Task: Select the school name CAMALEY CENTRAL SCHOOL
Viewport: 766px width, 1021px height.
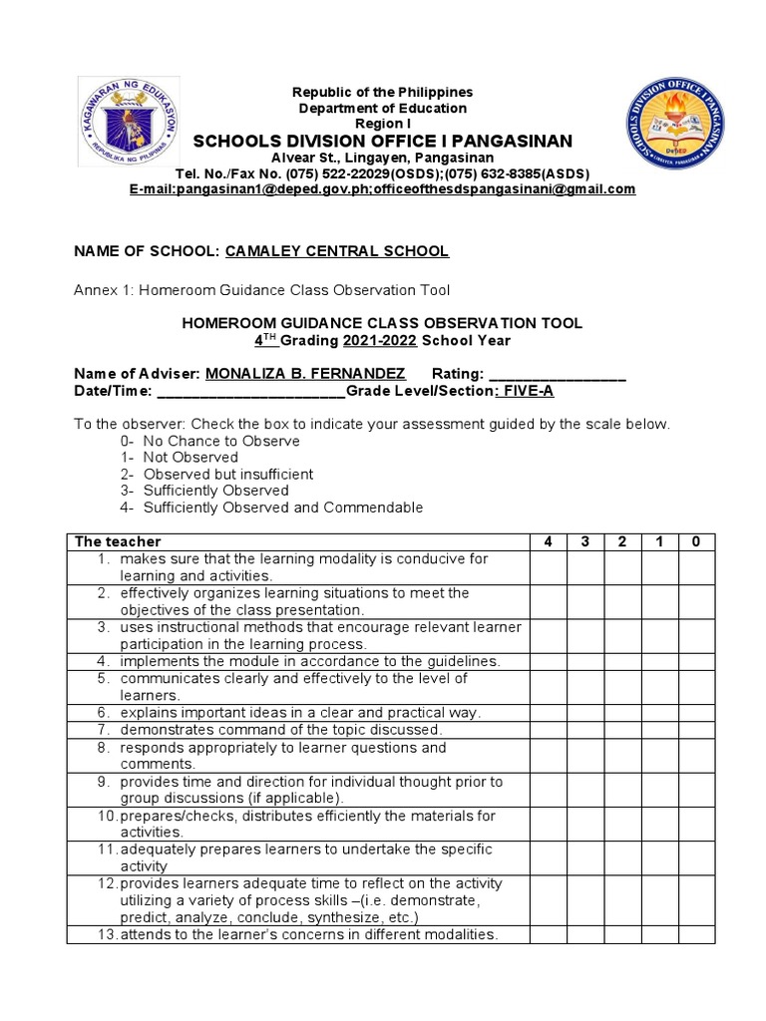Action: [337, 251]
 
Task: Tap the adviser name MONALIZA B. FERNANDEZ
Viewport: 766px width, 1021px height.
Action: [305, 373]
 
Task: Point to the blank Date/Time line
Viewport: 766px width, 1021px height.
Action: [250, 391]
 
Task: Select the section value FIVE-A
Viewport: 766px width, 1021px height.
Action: [527, 391]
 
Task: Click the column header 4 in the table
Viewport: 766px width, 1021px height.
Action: [548, 541]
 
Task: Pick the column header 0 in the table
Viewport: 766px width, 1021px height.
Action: [696, 541]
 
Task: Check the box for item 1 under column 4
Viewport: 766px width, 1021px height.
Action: [548, 567]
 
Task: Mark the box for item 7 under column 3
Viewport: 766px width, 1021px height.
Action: [585, 730]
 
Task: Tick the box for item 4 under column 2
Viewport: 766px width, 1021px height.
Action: [622, 661]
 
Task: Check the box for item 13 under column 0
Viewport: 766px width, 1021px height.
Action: [696, 934]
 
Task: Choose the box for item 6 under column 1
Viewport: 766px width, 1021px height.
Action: [659, 713]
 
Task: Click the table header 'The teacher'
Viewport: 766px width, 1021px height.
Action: [118, 541]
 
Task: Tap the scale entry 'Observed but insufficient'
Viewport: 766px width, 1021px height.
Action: [227, 474]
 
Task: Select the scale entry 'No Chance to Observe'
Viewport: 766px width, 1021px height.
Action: [220, 440]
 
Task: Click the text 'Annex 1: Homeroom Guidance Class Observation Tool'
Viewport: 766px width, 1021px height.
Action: [262, 290]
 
